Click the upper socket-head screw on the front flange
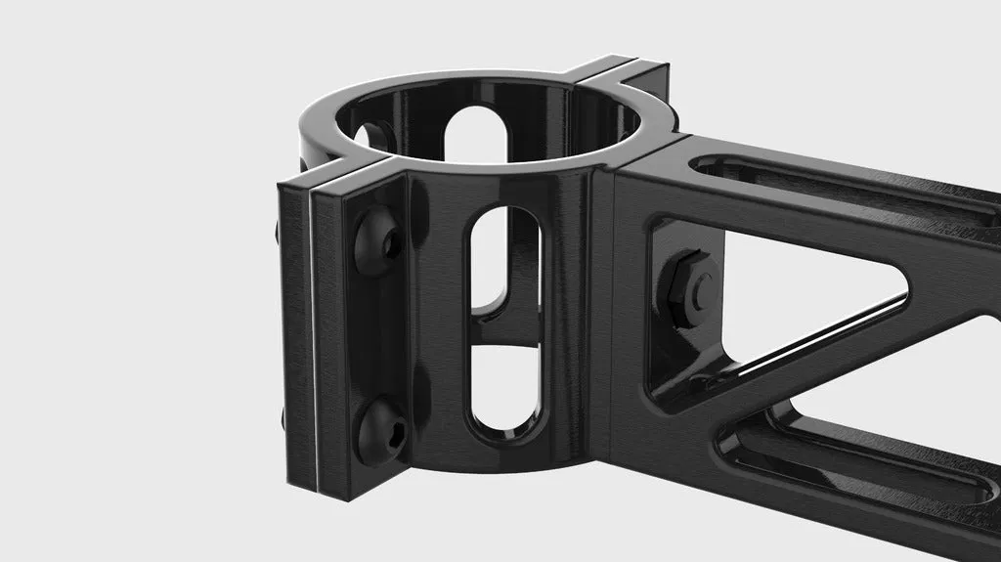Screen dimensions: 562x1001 tap(377, 238)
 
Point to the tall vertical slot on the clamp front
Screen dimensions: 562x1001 tap(504, 323)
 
